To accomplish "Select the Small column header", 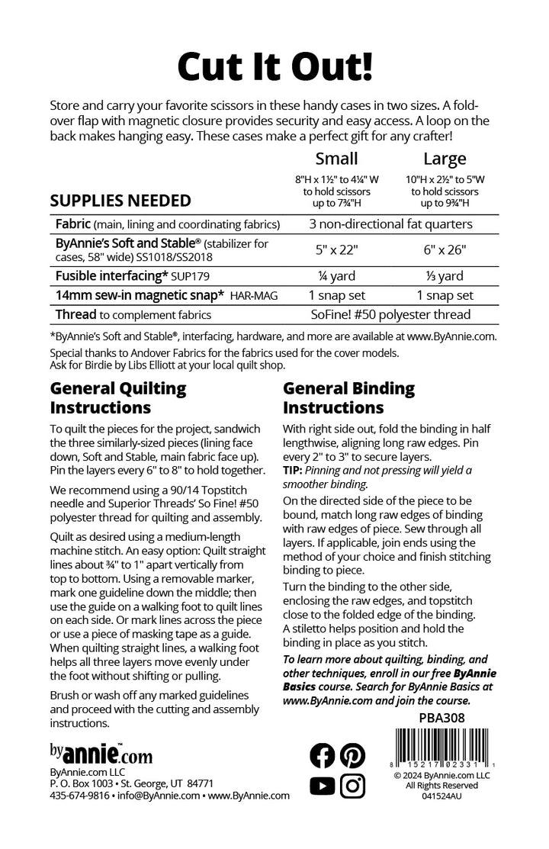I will pyautogui.click(x=336, y=159).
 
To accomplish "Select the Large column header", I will pyautogui.click(x=445, y=159).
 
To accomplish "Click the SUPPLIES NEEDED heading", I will pyautogui.click(x=120, y=201).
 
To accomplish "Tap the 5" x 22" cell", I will pyautogui.click(x=336, y=249).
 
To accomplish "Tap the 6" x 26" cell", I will pyautogui.click(x=445, y=249).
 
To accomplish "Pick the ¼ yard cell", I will pyautogui.click(x=336, y=275).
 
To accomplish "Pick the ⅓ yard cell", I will pyautogui.click(x=445, y=275).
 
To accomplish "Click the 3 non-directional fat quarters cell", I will pyautogui.click(x=390, y=224).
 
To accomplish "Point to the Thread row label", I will pyautogui.click(x=75, y=314).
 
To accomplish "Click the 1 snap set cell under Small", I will pyautogui.click(x=336, y=294).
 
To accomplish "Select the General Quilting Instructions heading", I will pyautogui.click(x=118, y=397).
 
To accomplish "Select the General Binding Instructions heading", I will pyautogui.click(x=349, y=397).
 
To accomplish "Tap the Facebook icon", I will pyautogui.click(x=323, y=755).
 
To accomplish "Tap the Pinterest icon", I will pyautogui.click(x=352, y=755).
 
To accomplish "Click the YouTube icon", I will pyautogui.click(x=323, y=785).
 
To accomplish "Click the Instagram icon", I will pyautogui.click(x=352, y=785).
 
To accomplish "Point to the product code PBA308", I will pyautogui.click(x=441, y=717).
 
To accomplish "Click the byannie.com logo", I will pyautogui.click(x=101, y=754).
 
